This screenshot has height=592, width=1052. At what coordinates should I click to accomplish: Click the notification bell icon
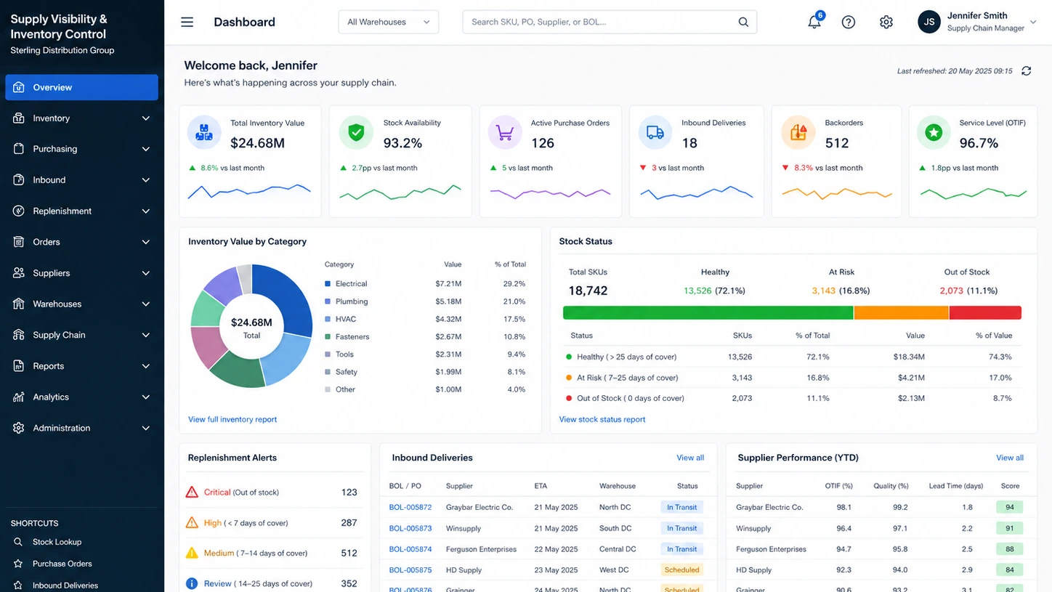814,22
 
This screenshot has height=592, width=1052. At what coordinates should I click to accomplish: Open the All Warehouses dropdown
389,22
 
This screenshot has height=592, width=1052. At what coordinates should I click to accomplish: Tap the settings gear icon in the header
886,22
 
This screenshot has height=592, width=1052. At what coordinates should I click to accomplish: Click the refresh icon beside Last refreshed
1026,71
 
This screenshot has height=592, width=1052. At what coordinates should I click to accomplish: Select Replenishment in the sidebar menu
62,211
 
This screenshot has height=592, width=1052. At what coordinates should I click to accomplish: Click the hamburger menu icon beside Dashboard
187,22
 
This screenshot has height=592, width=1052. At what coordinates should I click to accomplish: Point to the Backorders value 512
837,142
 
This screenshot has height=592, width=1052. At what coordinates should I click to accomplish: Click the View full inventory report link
232,419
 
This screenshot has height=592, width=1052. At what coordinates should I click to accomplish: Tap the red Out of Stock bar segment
985,312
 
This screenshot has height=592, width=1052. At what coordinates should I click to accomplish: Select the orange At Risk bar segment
901,312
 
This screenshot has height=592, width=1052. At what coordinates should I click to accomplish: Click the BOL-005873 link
410,528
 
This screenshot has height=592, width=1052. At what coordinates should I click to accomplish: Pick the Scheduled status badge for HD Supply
681,570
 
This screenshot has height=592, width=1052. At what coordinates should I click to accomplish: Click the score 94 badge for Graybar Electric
1009,507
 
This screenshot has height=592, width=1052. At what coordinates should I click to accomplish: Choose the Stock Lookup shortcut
57,542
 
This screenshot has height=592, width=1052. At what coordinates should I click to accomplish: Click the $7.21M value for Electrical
448,283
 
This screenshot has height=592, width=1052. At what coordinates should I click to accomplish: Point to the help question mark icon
848,22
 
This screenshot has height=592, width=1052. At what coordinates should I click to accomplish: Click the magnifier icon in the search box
743,22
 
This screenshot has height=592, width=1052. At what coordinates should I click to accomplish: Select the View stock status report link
602,419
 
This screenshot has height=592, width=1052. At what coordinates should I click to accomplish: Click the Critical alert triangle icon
192,492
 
